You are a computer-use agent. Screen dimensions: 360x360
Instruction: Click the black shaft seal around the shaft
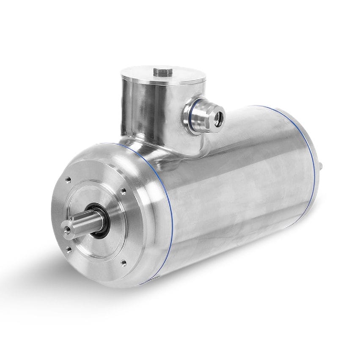[102, 220]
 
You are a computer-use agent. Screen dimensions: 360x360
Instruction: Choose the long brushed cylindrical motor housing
[241, 182]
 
